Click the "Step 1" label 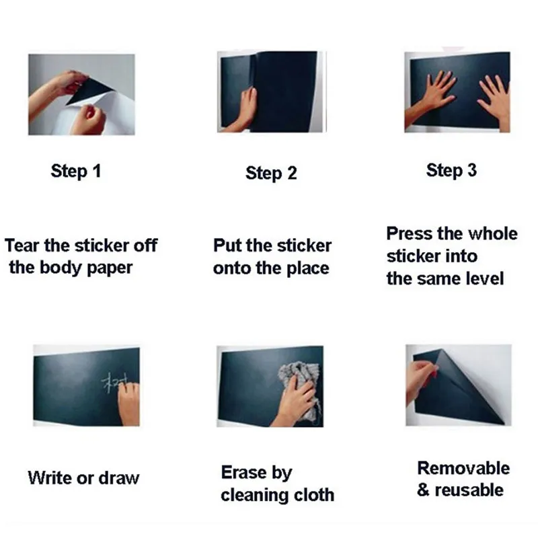76,171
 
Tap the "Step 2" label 271,173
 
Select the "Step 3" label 451,170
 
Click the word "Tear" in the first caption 22,245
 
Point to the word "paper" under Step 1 110,268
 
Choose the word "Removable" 463,468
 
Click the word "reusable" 469,490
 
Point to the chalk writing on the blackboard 114,381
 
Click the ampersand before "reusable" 423,490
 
